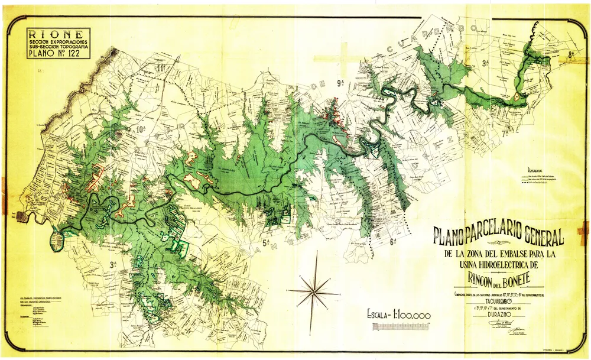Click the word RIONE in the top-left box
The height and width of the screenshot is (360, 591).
point(58,34)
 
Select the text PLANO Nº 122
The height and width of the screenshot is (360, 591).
point(58,56)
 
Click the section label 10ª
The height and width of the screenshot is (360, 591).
point(141,128)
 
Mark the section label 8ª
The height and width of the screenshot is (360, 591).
point(571,54)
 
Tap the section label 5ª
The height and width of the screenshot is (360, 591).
point(266,242)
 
